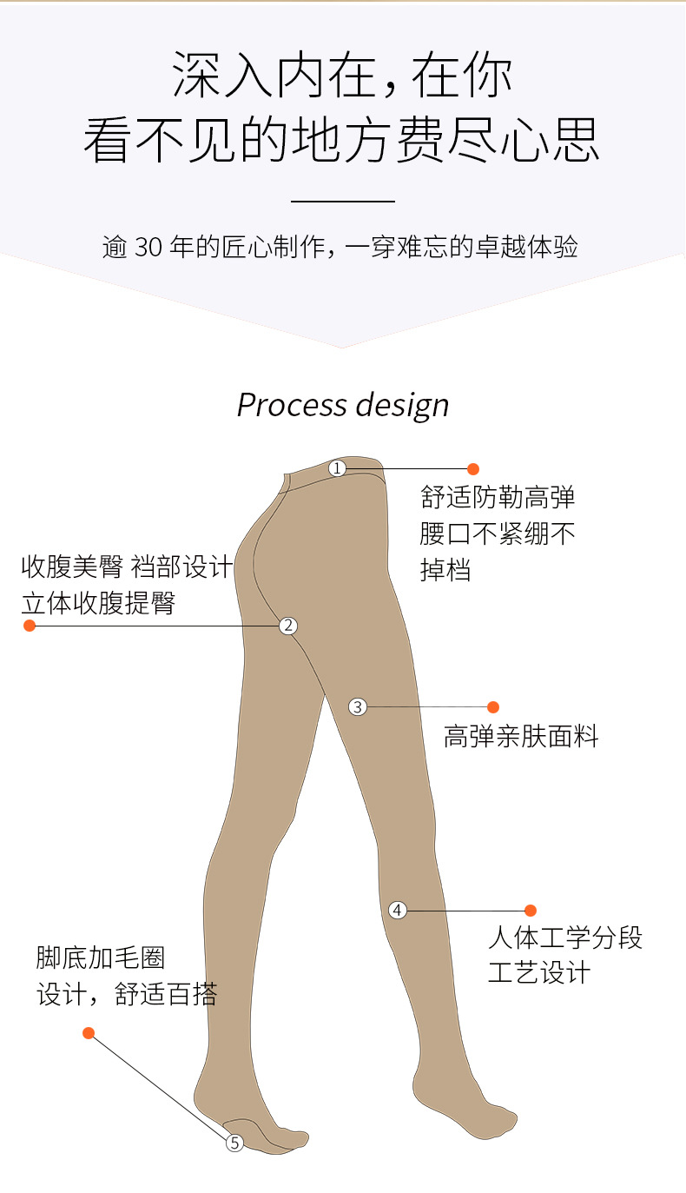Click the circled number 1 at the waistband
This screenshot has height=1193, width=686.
(x=337, y=468)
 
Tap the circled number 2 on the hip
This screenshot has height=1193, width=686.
(x=288, y=626)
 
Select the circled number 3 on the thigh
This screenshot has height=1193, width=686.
(x=358, y=706)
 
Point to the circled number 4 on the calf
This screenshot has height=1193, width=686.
(x=397, y=910)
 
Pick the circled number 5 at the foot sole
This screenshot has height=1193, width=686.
(x=234, y=1143)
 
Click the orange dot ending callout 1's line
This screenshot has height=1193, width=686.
(x=473, y=468)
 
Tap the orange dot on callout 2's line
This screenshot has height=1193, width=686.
(x=30, y=626)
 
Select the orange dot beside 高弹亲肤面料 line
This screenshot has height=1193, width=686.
(x=493, y=706)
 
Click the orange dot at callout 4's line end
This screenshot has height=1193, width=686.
(x=530, y=911)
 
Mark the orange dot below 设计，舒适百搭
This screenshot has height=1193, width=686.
(x=89, y=1033)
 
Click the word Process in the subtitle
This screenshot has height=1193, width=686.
(x=292, y=405)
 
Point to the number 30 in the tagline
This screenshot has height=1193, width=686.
(x=148, y=247)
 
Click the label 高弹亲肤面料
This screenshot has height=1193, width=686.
(x=521, y=736)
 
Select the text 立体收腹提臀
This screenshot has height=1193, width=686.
(x=98, y=603)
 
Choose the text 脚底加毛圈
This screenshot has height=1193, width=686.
(x=101, y=958)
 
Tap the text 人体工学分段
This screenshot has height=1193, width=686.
(x=565, y=938)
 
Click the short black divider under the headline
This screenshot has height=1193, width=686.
(x=343, y=202)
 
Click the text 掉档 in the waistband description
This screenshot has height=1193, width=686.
(x=445, y=570)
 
